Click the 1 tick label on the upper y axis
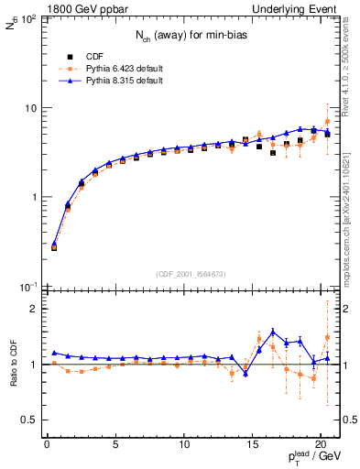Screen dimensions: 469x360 click(x=34, y=198)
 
